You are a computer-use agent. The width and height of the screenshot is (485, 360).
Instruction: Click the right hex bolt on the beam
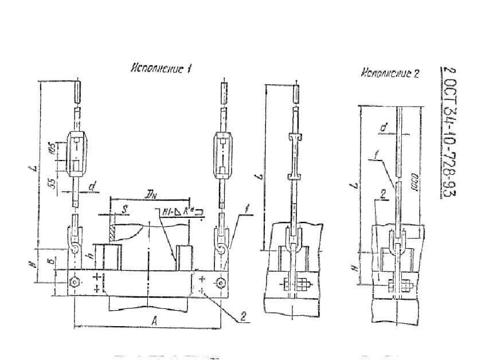coord(221,283)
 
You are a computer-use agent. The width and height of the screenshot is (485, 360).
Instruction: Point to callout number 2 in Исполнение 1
coord(243,315)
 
